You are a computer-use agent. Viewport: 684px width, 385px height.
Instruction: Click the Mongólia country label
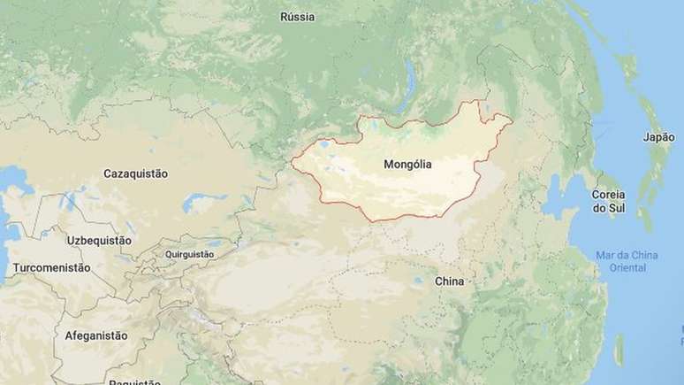(409, 165)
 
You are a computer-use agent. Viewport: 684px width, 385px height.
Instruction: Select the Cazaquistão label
(135, 174)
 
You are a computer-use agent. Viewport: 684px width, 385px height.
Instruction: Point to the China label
(449, 281)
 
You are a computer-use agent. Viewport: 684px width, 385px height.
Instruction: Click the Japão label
(657, 137)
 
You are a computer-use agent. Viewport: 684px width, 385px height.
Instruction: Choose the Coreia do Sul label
(608, 201)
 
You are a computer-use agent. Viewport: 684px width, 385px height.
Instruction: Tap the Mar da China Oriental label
(627, 261)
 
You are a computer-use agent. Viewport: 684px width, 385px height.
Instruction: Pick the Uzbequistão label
(99, 240)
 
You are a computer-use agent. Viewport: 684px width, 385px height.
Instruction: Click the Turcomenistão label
(51, 267)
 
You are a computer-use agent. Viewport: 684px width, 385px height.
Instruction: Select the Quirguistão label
(189, 254)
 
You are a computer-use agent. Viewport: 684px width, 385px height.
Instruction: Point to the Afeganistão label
(95, 336)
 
